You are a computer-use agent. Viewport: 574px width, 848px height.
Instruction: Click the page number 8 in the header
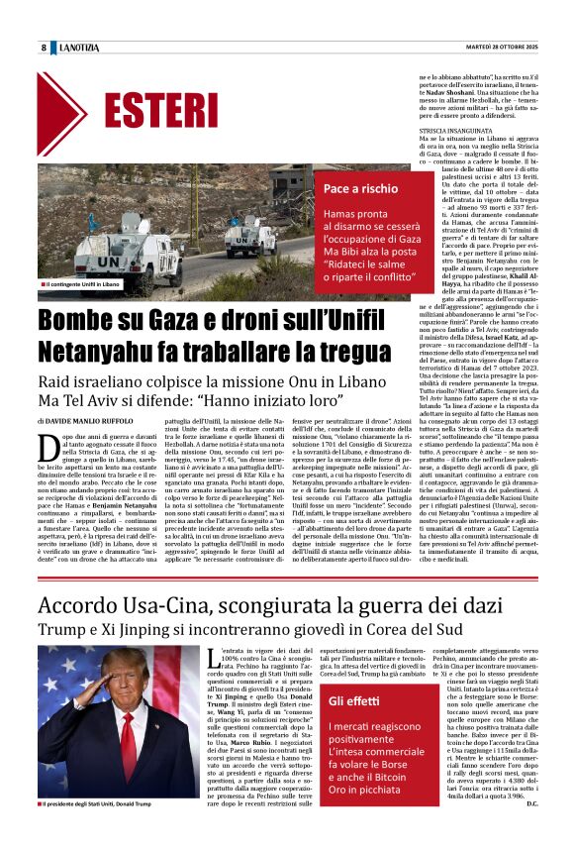tap(44, 48)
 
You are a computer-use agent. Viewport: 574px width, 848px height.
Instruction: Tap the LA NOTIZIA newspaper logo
tap(80, 48)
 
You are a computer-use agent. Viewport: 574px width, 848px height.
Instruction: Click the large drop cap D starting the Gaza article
tap(50, 452)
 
